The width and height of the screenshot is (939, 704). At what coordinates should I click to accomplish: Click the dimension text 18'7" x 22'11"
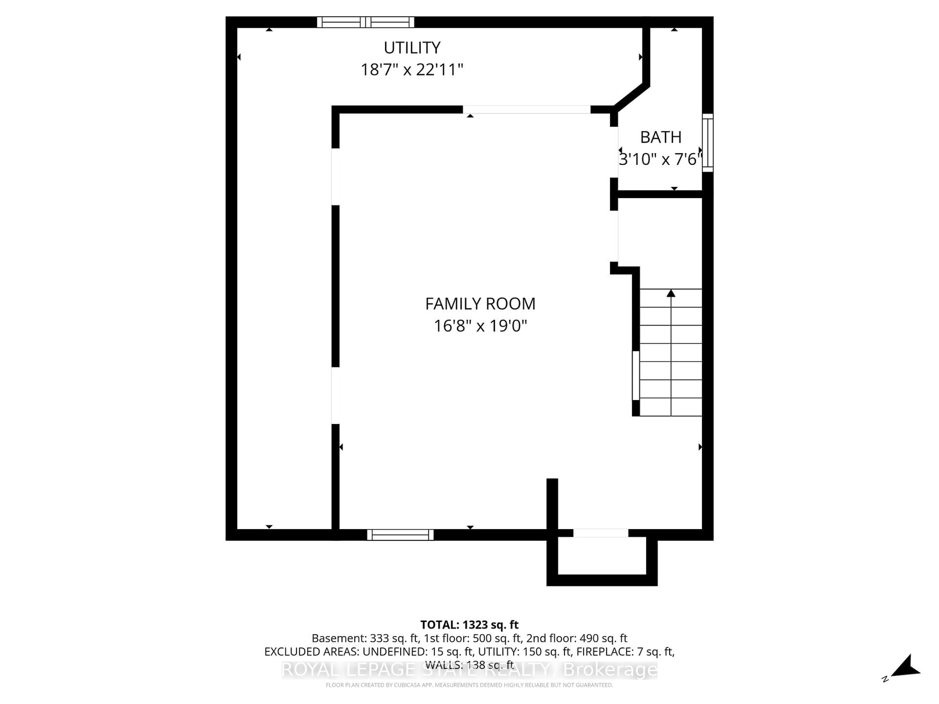point(412,70)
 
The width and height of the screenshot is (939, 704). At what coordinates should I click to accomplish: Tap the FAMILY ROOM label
point(480,304)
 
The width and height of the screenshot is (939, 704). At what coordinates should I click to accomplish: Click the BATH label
point(660,137)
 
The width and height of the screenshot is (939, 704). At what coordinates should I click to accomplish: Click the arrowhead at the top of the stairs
point(671,293)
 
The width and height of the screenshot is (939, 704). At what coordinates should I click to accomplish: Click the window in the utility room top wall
point(366,22)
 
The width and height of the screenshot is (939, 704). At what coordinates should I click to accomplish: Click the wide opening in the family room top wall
point(526,110)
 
